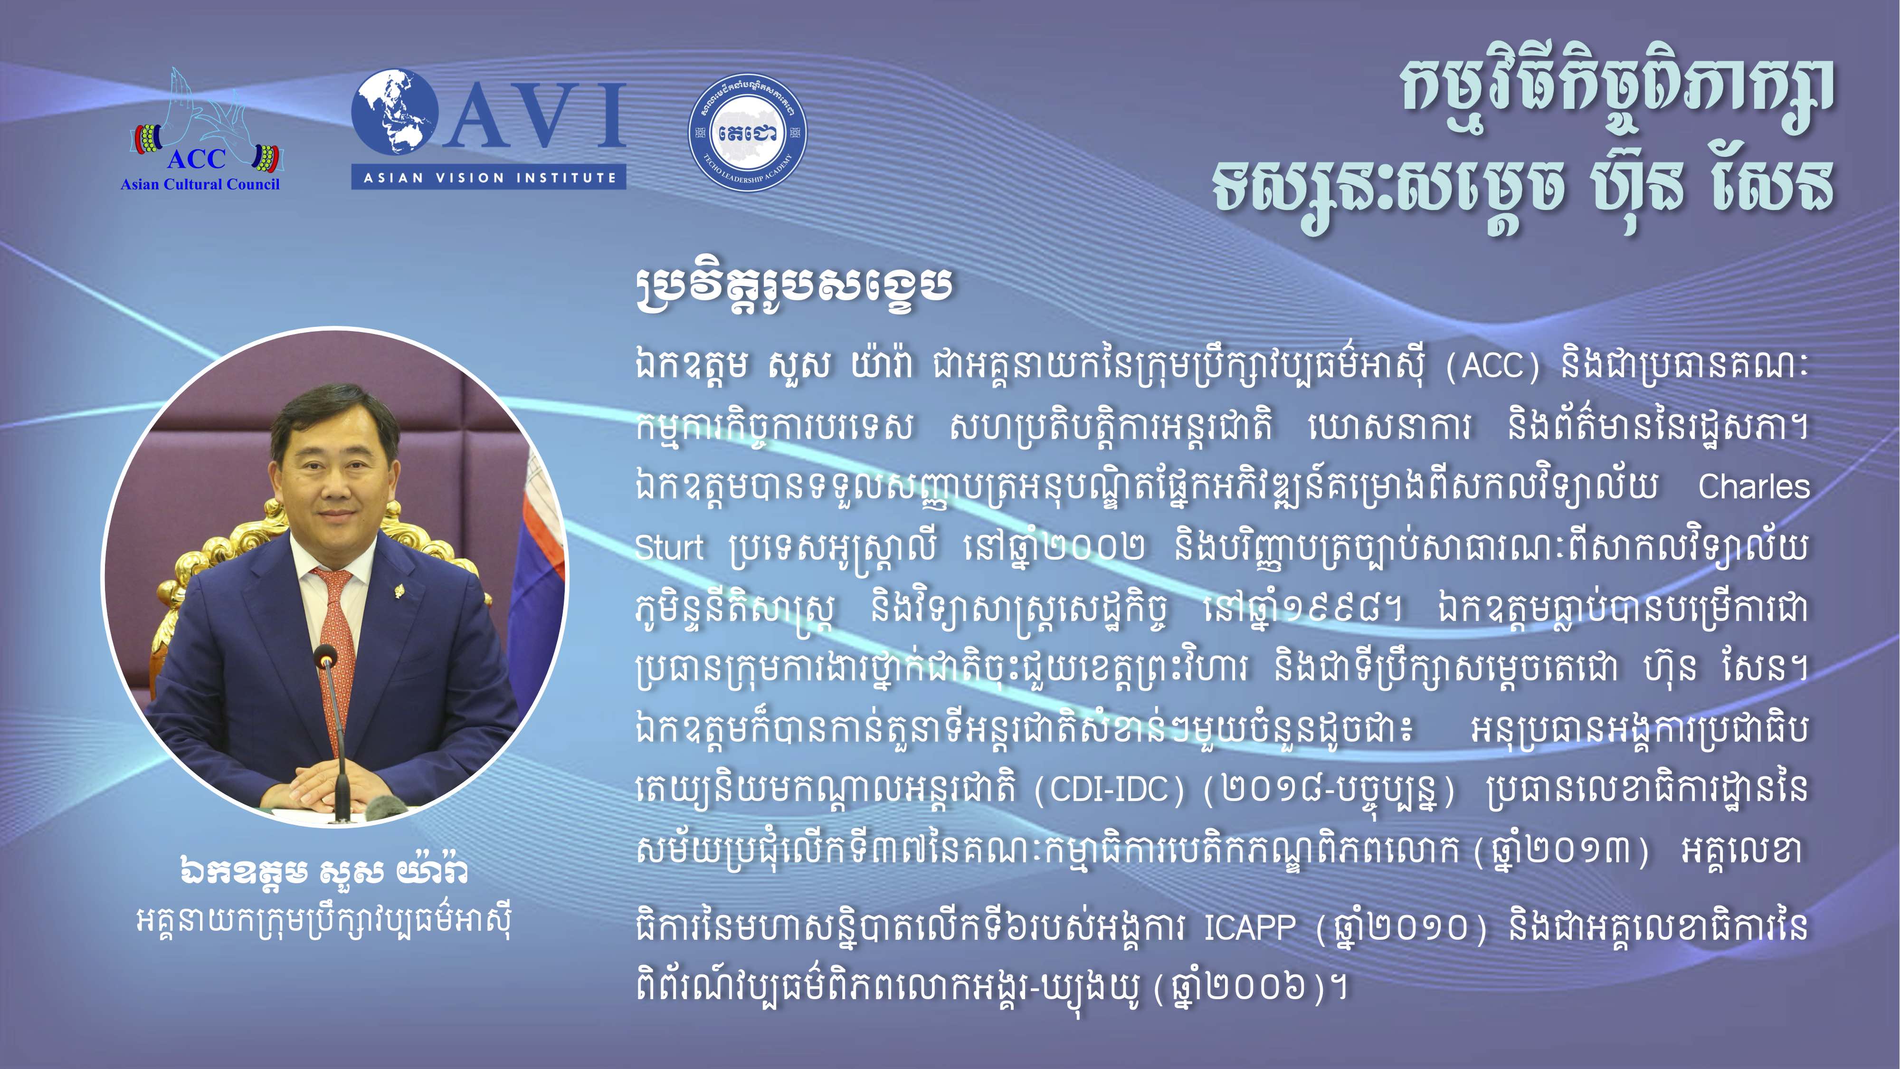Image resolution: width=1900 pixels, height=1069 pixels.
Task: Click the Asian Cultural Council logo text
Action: tap(200, 184)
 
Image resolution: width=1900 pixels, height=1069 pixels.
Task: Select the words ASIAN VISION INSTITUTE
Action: tap(489, 178)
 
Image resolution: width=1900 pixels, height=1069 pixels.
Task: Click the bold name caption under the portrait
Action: tap(324, 872)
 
